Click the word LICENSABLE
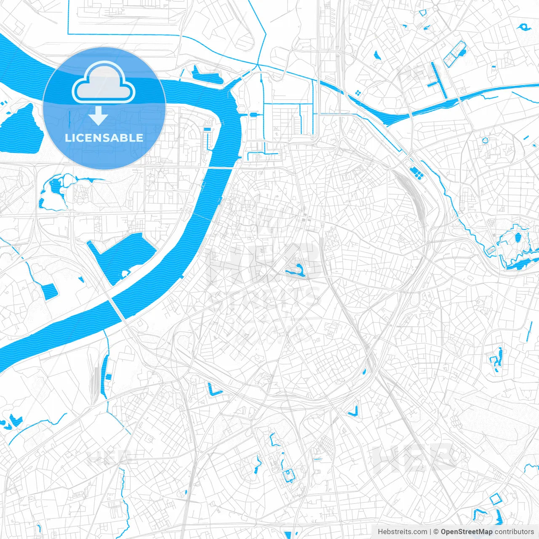(104, 138)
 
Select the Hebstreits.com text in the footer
(402, 532)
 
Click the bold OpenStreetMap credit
(467, 532)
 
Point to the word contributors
(514, 532)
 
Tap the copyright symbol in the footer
(436, 532)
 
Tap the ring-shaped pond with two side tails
(524, 27)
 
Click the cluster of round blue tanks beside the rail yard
(416, 172)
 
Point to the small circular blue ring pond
(485, 140)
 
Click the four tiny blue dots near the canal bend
(358, 93)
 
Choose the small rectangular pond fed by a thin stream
(49, 291)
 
